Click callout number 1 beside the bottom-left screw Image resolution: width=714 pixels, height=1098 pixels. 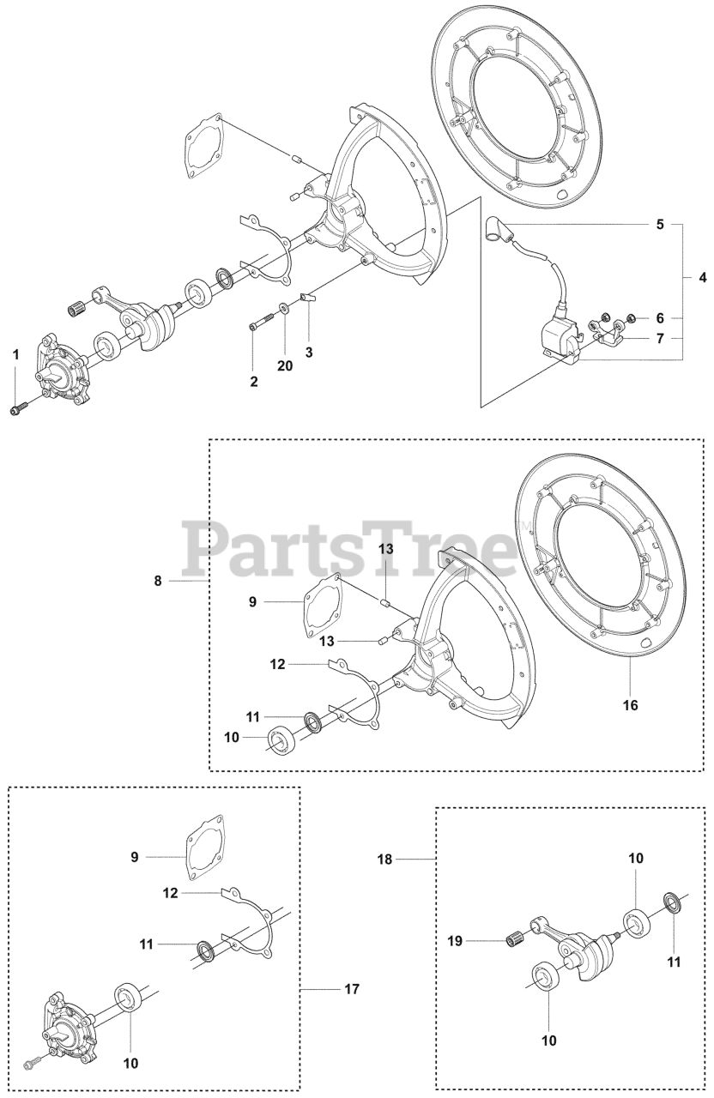pos(15,354)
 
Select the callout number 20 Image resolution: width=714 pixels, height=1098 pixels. pos(285,365)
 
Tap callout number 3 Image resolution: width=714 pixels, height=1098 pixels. pos(309,353)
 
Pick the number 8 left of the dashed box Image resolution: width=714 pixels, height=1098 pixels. pos(158,581)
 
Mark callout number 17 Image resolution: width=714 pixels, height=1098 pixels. pos(351,989)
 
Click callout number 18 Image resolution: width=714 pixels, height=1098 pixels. pos(384,859)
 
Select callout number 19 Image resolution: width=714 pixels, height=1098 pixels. pos(455,941)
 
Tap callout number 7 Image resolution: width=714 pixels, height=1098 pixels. pos(659,339)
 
